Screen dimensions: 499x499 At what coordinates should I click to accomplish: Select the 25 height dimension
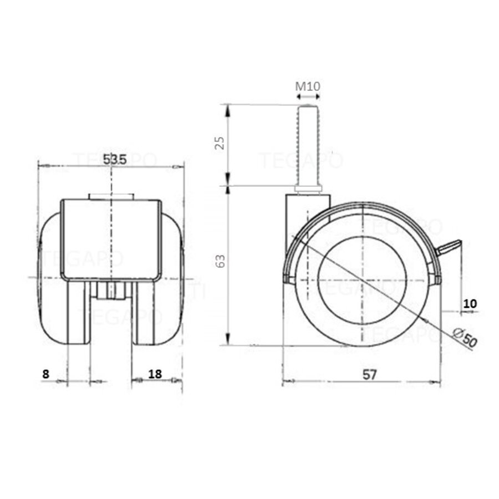220,143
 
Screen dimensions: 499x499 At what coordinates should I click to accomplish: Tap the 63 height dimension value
220,261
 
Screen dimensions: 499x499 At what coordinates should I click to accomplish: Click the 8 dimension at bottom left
45,374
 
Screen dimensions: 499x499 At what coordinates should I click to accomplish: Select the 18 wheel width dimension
155,374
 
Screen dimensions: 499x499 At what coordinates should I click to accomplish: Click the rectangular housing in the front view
111,238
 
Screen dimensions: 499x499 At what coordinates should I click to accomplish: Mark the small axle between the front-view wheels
111,289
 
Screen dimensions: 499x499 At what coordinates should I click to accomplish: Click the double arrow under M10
308,96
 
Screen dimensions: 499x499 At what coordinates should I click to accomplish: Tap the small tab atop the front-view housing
111,196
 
